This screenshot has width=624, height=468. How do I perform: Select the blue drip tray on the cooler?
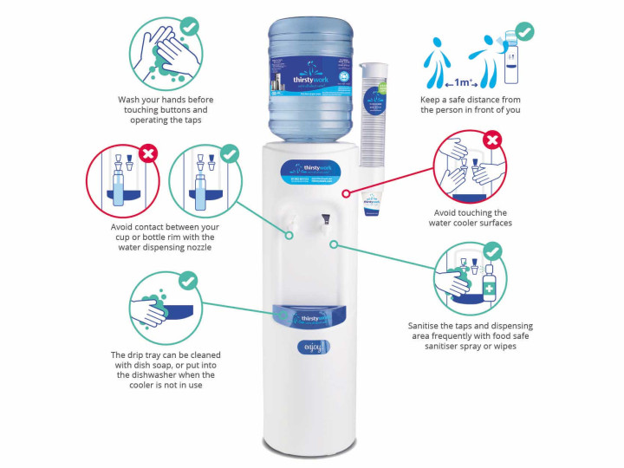[311, 315]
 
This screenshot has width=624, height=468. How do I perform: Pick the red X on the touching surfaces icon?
[492, 140]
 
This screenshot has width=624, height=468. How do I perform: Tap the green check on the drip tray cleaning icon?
[187, 281]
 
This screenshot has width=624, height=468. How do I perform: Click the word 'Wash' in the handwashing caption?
[130, 100]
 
